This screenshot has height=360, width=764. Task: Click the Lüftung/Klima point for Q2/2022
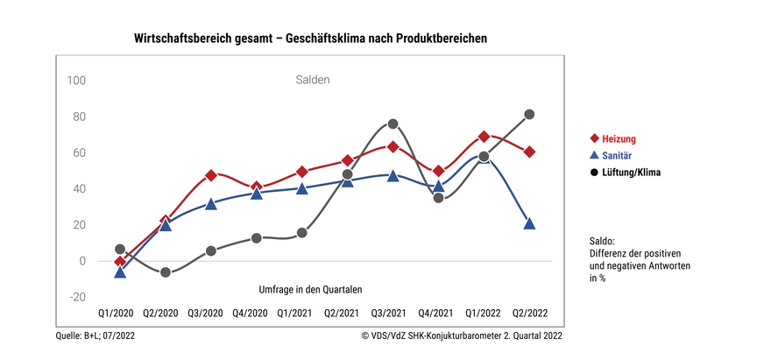click(530, 114)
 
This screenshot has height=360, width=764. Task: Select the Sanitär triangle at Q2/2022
click(530, 223)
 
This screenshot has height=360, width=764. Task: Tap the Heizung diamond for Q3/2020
click(211, 175)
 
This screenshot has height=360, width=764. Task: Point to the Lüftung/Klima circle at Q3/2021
click(393, 124)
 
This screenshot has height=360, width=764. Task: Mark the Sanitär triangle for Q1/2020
click(120, 272)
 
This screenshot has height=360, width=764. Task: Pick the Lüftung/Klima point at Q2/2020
click(166, 272)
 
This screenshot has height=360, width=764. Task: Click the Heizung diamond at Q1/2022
click(485, 137)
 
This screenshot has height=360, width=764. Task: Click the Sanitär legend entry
click(619, 156)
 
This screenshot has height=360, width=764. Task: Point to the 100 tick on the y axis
click(76, 81)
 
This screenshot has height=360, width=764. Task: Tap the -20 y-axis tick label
click(76, 297)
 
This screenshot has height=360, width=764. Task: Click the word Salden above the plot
click(312, 81)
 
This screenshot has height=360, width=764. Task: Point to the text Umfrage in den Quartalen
click(310, 289)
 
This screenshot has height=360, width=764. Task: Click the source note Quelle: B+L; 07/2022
click(95, 335)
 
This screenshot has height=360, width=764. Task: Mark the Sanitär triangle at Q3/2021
click(393, 175)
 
